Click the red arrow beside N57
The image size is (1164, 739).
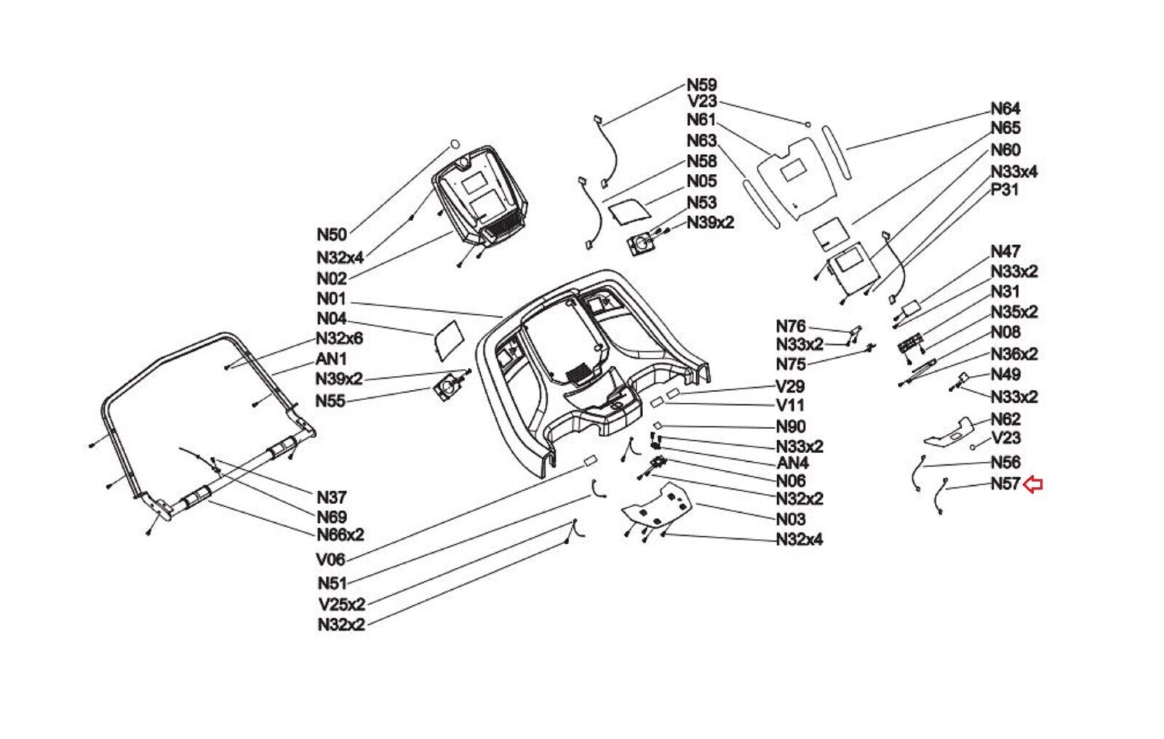(1033, 485)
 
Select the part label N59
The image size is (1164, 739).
(701, 84)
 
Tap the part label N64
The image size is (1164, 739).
(1005, 108)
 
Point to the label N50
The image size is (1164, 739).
(332, 234)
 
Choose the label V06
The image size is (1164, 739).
(330, 560)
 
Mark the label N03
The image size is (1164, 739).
(791, 519)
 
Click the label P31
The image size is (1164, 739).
(1005, 191)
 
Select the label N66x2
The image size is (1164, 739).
(340, 535)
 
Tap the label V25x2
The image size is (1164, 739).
(342, 604)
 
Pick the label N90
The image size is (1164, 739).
(791, 427)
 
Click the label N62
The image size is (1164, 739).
(1005, 419)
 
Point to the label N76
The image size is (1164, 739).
(791, 327)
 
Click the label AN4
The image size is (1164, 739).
(793, 463)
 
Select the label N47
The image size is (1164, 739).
(1005, 252)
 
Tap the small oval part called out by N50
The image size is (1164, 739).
(454, 143)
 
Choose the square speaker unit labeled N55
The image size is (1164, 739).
(447, 388)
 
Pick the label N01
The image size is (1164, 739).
(331, 300)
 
